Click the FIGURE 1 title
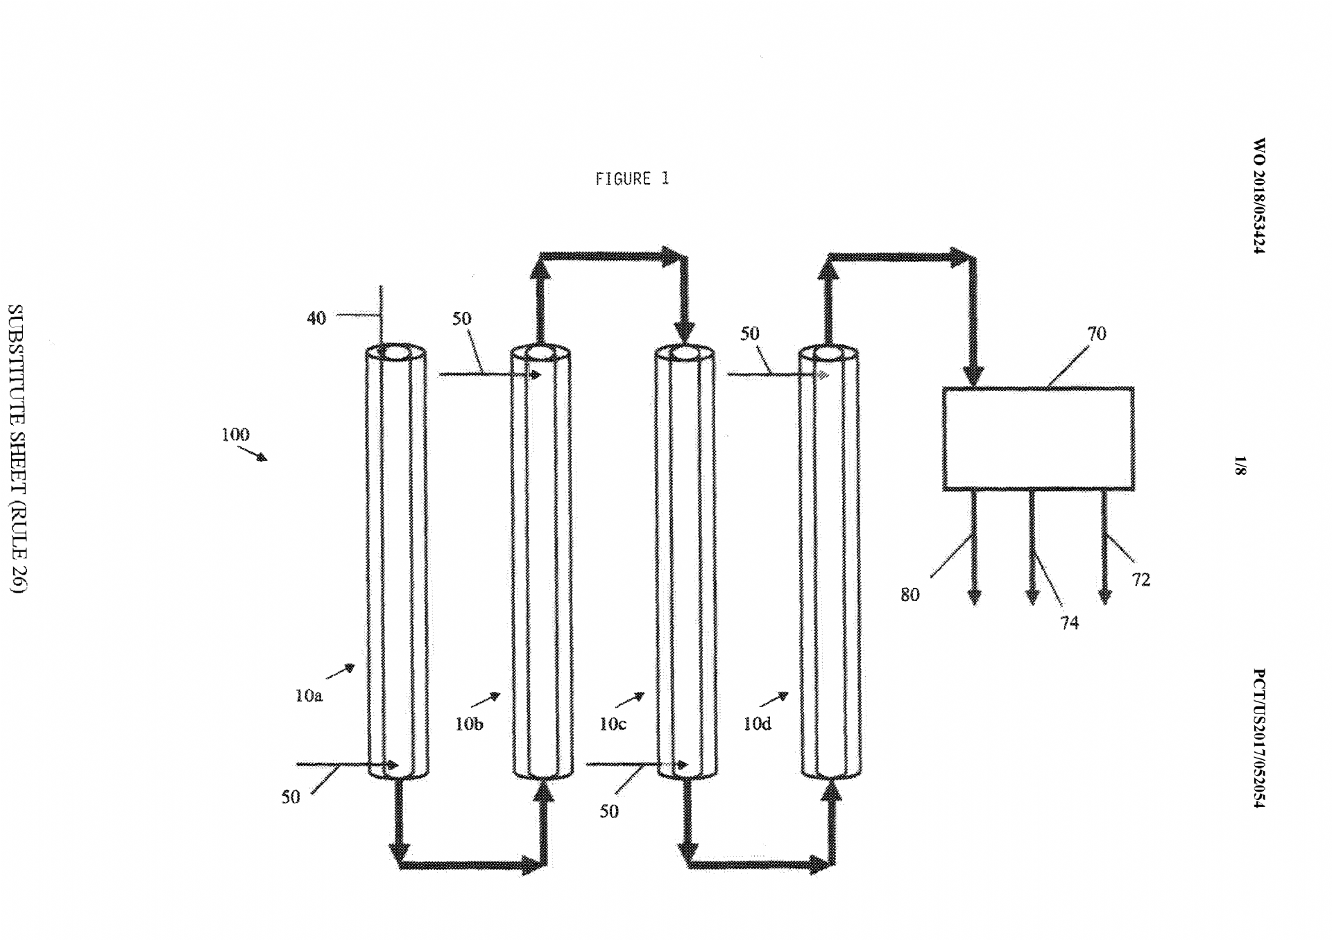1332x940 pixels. click(x=632, y=179)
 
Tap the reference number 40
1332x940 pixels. click(x=316, y=318)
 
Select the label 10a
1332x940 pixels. click(x=309, y=695)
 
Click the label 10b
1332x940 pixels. click(x=469, y=724)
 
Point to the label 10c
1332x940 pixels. click(x=613, y=724)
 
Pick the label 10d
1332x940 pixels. click(x=757, y=724)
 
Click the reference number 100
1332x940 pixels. click(x=235, y=435)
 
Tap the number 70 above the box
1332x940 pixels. click(x=1097, y=333)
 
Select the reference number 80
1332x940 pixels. click(x=910, y=594)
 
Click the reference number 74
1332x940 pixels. click(x=1070, y=623)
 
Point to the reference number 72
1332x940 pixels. click(x=1141, y=580)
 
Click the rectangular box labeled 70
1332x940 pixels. click(x=1039, y=388)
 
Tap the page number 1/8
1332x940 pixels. click(x=1240, y=465)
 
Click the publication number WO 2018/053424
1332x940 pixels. click(x=1259, y=196)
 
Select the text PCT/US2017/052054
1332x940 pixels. click(x=1259, y=738)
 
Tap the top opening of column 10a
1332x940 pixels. click(x=396, y=352)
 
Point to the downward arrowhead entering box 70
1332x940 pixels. click(x=974, y=376)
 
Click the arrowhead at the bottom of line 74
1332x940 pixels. click(x=1032, y=596)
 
